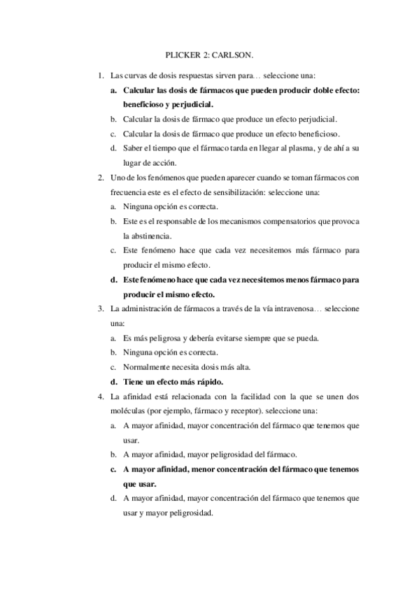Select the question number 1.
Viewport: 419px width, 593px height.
coord(101,75)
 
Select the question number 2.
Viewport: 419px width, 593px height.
coord(101,177)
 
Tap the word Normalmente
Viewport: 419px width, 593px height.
coord(148,367)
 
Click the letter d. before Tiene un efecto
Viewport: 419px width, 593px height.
coord(113,382)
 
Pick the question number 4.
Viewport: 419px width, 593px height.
coord(101,396)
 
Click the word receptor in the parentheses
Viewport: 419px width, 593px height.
coord(280,410)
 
